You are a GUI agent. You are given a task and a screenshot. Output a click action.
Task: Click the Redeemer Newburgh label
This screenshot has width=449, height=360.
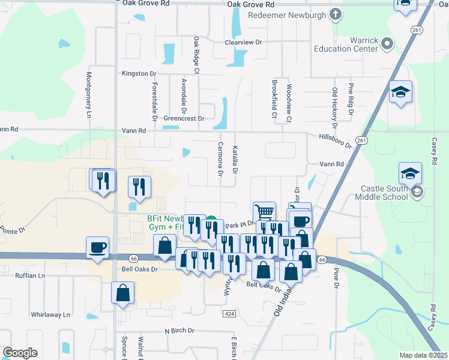click(287, 14)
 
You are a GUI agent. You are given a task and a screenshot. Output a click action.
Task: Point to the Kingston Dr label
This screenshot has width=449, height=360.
click(139, 73)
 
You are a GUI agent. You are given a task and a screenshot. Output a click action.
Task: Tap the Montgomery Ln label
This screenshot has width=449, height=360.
click(89, 95)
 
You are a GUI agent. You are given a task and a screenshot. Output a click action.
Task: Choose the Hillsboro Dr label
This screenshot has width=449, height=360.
click(335, 139)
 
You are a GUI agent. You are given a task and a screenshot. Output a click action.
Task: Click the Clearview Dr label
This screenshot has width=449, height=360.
click(244, 43)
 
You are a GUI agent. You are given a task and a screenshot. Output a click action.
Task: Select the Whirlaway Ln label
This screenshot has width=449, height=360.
click(50, 314)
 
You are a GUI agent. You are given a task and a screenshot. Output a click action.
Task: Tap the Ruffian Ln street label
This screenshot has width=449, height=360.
click(30, 276)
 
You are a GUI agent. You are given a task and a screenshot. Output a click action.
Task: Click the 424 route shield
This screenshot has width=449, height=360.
click(229, 314)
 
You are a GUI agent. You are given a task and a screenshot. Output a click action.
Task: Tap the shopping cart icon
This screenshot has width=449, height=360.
click(264, 212)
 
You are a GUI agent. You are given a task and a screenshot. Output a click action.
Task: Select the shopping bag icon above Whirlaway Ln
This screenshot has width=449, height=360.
click(122, 292)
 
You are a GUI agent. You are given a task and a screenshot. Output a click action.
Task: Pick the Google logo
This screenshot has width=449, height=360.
click(20, 353)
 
